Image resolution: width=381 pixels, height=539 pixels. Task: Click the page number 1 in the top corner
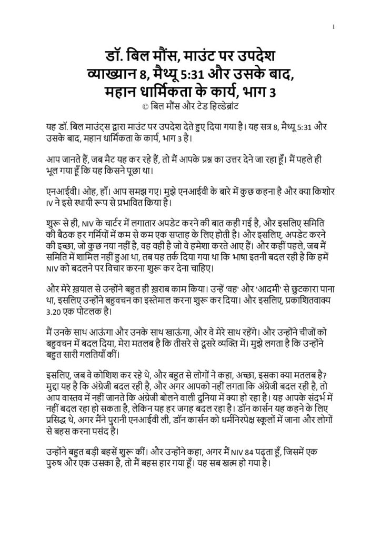tap(334, 27)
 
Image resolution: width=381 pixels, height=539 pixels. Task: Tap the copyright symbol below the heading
tap(138, 105)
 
